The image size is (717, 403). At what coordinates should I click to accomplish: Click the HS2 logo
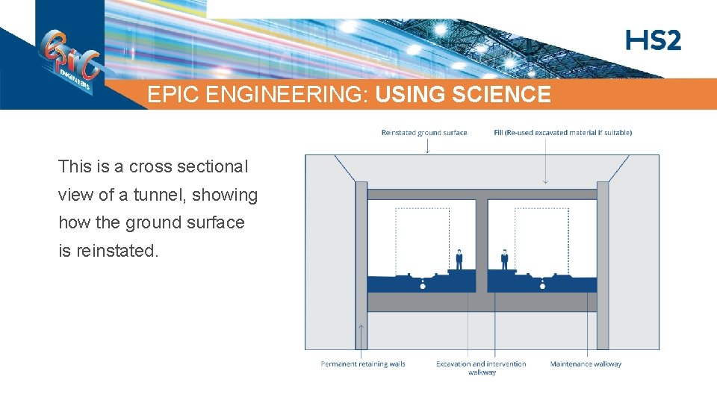pos(654,40)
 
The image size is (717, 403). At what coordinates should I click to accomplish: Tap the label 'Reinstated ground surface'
pos(423,133)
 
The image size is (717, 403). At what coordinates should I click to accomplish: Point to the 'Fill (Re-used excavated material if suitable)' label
pos(562,133)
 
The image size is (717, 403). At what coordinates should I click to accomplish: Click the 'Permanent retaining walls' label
pos(363,364)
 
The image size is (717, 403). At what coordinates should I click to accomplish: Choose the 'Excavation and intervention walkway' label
pos(481,368)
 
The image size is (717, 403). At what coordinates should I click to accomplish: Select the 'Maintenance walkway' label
pos(586,364)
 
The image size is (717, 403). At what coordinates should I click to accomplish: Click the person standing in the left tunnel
pos(459,259)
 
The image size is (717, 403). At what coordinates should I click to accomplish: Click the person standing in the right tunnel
pos(504,259)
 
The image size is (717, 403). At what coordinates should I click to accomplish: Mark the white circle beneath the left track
pos(423,286)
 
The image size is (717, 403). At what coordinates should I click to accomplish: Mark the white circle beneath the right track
pos(542,286)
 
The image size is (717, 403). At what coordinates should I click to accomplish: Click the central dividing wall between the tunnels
pos(482,246)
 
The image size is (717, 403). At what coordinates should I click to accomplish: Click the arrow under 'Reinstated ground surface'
pos(427,146)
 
